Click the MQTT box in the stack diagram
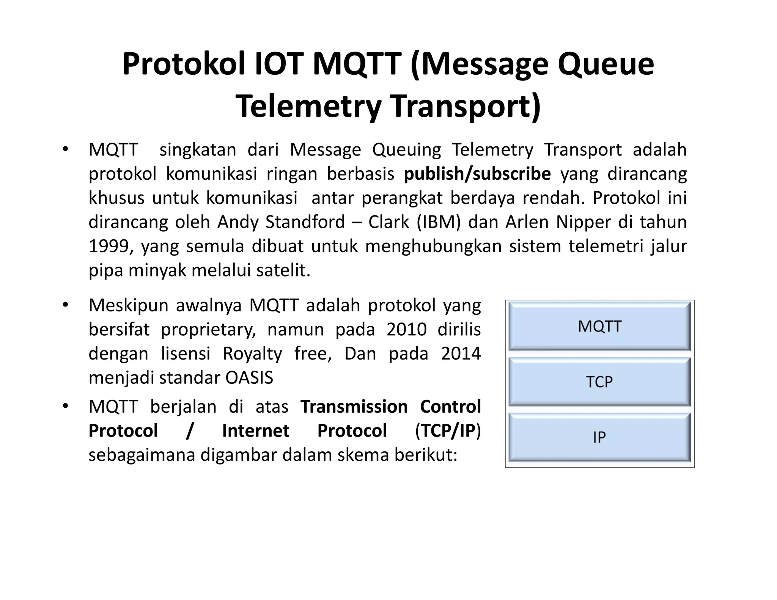(x=599, y=326)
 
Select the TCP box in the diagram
(x=599, y=382)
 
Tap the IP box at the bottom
(x=599, y=437)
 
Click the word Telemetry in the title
(x=308, y=106)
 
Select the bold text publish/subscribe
(x=477, y=174)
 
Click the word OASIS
(x=249, y=378)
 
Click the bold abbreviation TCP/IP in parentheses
(x=448, y=431)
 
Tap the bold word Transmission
(x=354, y=407)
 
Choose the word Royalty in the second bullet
(x=252, y=353)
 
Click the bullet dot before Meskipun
(x=66, y=305)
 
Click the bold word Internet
(x=255, y=431)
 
